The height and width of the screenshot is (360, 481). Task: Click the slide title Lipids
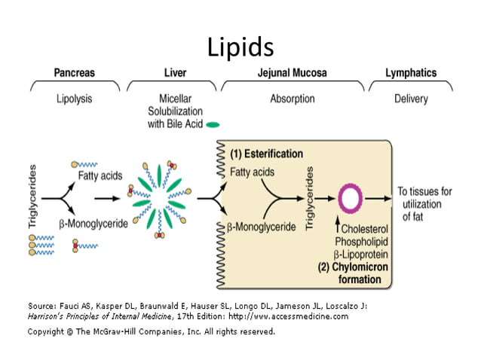click(240, 47)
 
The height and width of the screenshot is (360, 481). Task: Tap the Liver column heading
click(175, 74)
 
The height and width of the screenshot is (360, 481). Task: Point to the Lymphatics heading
click(410, 74)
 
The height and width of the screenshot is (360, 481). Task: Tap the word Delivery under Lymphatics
click(410, 99)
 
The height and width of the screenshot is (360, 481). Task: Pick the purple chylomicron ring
click(351, 199)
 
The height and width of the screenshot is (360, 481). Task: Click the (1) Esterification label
click(267, 154)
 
